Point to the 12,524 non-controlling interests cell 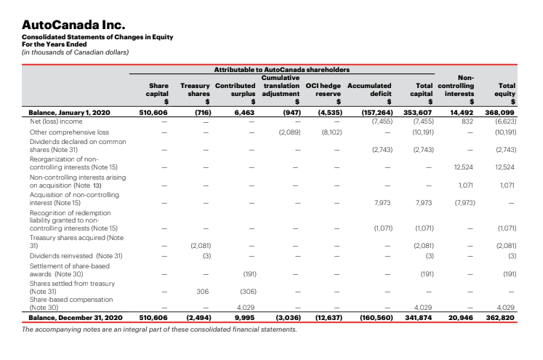click(x=463, y=166)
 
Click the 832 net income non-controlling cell click(x=467, y=121)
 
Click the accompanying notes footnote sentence click(x=161, y=329)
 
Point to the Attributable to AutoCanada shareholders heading click(x=281, y=69)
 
